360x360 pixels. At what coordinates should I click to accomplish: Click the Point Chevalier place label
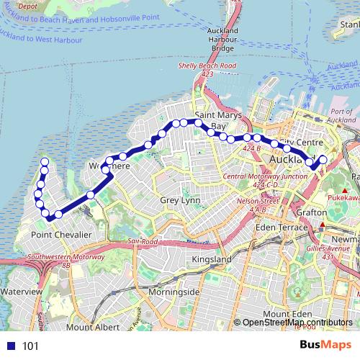[60, 234]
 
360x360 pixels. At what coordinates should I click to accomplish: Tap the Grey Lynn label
[179, 200]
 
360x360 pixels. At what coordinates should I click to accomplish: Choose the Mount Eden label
[285, 314]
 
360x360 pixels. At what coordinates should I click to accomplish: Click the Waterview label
[22, 292]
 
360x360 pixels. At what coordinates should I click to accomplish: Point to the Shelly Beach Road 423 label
[207, 69]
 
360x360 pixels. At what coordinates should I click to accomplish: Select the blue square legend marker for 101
[11, 346]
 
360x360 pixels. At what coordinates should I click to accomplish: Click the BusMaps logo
[326, 346]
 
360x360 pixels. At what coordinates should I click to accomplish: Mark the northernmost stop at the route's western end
[45, 161]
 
